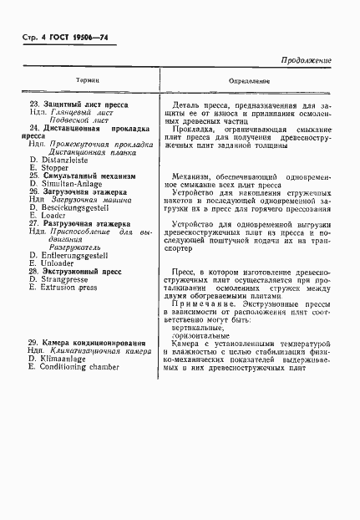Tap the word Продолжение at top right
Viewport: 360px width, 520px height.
(x=307, y=60)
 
